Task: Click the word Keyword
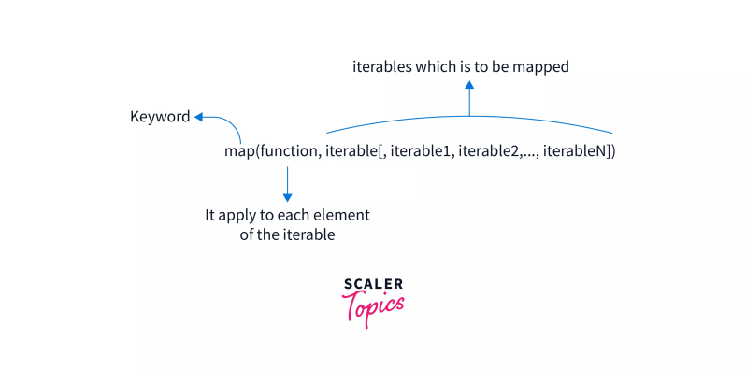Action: coord(160,117)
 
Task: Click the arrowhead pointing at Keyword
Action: coord(199,117)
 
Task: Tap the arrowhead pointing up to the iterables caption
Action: coord(469,84)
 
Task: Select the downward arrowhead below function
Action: coord(288,196)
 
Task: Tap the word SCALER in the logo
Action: coord(373,284)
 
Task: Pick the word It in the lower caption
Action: coord(211,215)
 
